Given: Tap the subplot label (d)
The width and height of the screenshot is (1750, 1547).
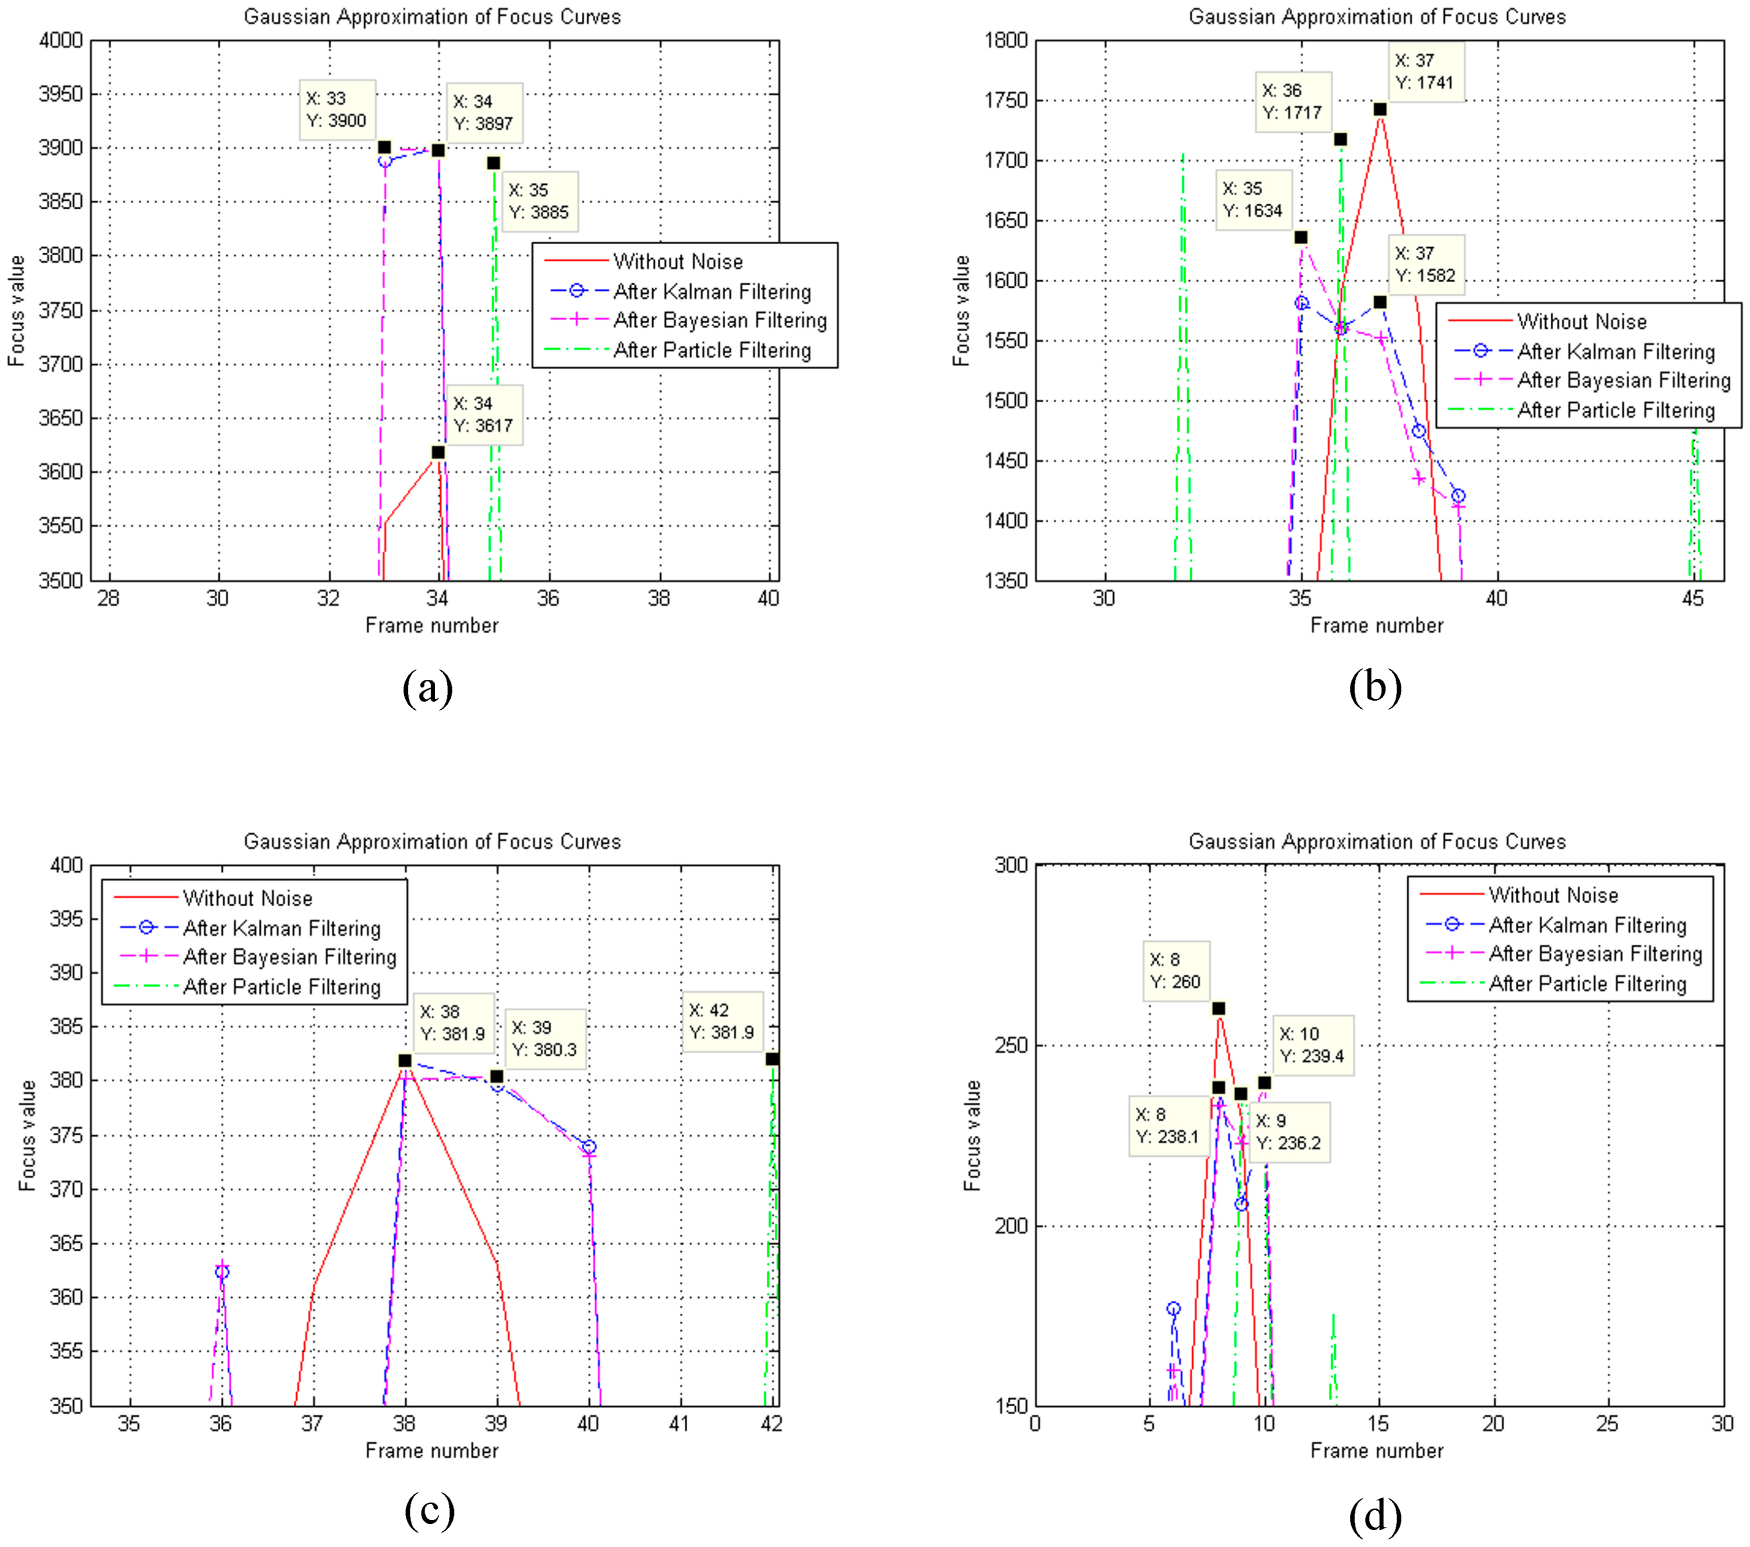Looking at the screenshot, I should point(1375,1516).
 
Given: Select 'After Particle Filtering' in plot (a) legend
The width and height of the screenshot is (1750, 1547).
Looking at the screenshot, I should point(712,350).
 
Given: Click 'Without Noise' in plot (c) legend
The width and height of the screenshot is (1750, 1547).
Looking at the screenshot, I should point(247,898).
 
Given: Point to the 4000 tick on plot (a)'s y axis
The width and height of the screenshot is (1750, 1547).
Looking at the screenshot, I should point(61,40).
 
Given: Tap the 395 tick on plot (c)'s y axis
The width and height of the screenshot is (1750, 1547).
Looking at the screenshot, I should point(67,919).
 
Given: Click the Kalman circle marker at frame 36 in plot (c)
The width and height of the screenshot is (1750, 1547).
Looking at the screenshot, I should point(222,1272).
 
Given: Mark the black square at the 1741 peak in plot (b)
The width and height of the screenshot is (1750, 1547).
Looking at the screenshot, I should point(1380,109).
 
